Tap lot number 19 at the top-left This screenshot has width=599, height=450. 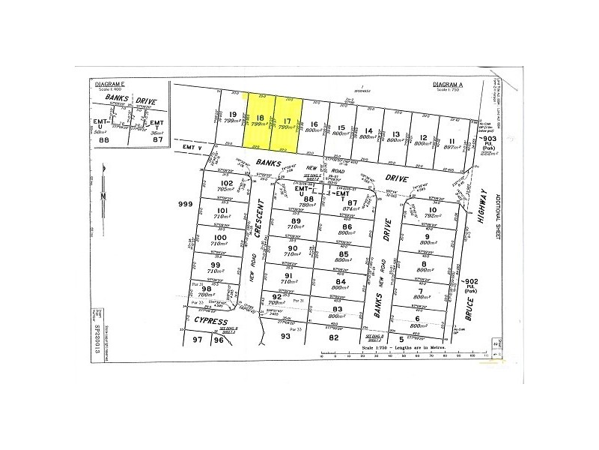click(x=233, y=115)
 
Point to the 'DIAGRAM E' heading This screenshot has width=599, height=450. click(x=103, y=86)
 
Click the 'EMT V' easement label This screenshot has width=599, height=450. click(x=193, y=148)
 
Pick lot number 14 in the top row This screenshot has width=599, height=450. click(x=369, y=130)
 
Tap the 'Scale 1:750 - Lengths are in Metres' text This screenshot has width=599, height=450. click(x=390, y=348)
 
